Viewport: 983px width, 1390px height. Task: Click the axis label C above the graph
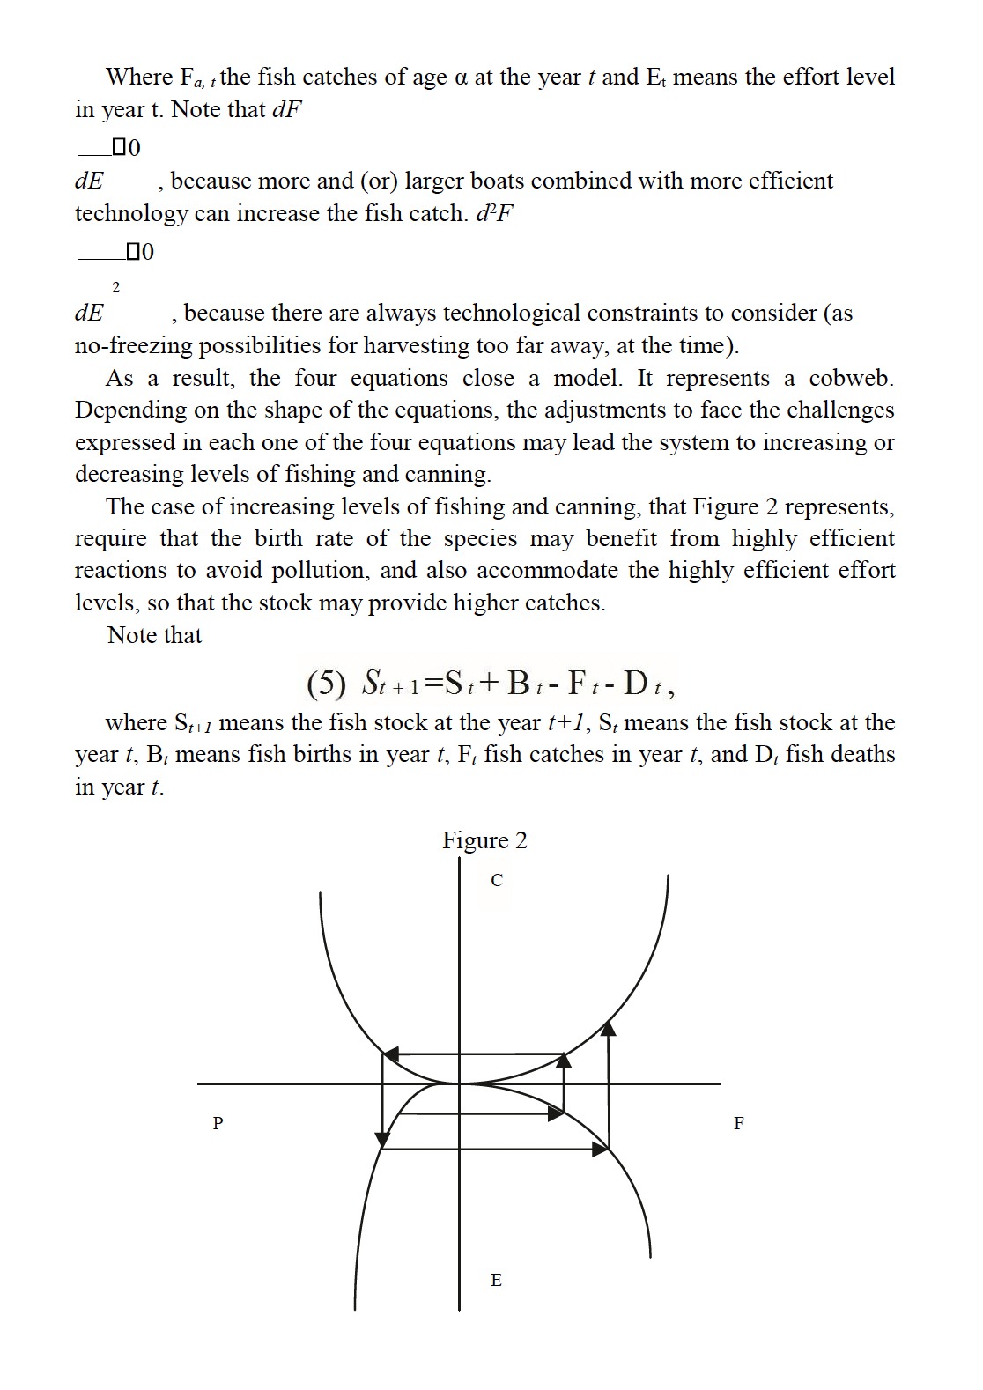pos(497,880)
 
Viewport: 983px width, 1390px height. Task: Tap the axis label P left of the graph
pos(218,1123)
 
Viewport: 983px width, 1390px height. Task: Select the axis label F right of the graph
pos(738,1123)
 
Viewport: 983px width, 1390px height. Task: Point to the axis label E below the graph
pos(496,1280)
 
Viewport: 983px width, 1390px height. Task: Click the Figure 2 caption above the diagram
pos(484,840)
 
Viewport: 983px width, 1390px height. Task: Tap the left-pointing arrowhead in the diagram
pos(390,1054)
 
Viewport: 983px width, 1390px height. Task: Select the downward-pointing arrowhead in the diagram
pos(382,1138)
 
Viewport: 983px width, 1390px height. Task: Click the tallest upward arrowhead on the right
pos(609,1028)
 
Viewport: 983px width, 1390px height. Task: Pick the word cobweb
pos(850,378)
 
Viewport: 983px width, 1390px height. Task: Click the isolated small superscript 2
pos(115,286)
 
